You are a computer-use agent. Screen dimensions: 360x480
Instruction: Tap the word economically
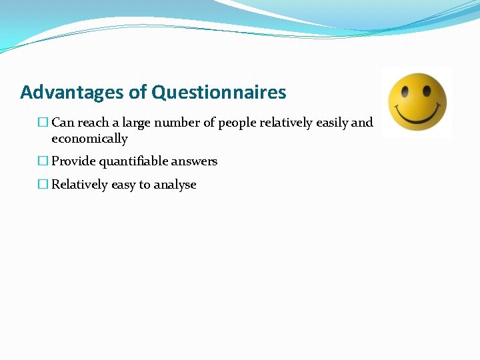click(x=89, y=139)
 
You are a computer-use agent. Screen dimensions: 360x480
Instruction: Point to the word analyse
click(x=175, y=185)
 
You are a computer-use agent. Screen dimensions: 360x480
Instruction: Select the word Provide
click(x=73, y=161)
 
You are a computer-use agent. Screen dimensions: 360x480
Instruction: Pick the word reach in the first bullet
click(x=93, y=123)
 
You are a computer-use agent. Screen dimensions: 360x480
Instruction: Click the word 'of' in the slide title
click(x=139, y=92)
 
